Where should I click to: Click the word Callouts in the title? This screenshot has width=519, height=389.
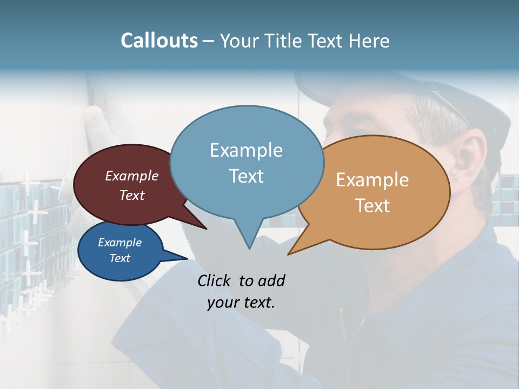click(159, 41)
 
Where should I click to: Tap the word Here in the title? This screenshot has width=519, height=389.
click(368, 41)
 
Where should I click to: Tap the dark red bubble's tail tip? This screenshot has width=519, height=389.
click(206, 229)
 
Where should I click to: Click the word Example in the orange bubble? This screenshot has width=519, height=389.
click(372, 180)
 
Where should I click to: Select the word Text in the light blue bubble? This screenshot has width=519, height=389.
click(246, 176)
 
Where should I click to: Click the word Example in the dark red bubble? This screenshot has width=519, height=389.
click(132, 176)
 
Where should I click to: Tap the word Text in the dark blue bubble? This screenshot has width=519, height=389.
click(120, 258)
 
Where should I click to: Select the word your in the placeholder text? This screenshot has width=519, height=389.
click(223, 303)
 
